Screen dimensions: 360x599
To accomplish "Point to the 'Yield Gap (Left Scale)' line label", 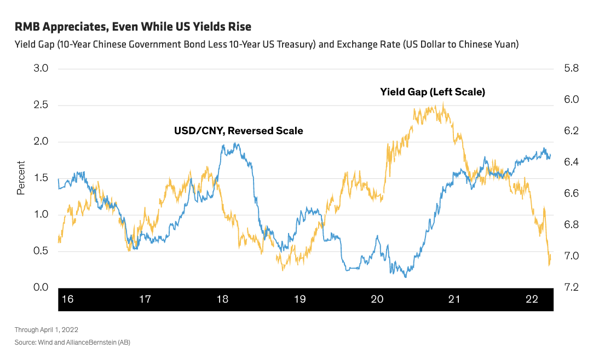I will click(x=433, y=92).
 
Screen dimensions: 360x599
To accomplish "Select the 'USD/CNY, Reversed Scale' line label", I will click(x=238, y=131).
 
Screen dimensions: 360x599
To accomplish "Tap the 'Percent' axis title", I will click(x=21, y=178).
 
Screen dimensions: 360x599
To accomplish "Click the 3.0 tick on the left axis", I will click(x=42, y=69).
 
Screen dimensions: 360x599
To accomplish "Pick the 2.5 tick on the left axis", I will click(x=42, y=105).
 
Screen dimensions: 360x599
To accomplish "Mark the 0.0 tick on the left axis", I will click(x=42, y=287).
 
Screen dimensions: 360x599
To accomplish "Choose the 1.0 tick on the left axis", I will click(x=42, y=214).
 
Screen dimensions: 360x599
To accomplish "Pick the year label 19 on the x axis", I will click(x=299, y=299).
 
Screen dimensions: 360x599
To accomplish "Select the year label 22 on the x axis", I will click(x=532, y=299).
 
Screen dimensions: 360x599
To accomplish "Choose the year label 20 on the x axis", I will click(x=377, y=299).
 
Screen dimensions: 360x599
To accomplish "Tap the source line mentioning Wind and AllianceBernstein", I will click(x=72, y=342).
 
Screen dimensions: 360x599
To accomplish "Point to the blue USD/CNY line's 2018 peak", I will click(x=235, y=143).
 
